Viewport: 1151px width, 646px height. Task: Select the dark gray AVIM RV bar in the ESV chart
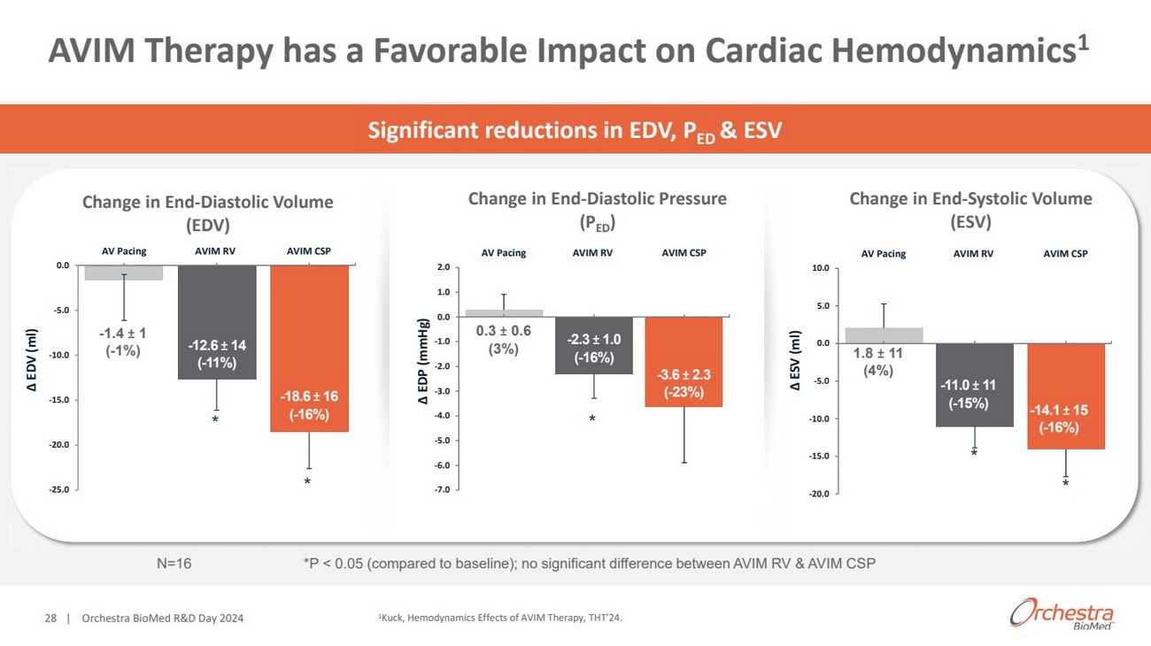point(974,385)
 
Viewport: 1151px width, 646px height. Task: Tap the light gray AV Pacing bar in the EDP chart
point(504,312)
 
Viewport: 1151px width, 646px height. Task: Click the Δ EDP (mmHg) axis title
point(423,362)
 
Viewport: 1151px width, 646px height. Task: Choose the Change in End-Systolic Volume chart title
point(970,210)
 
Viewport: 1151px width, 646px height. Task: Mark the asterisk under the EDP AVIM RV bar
point(592,419)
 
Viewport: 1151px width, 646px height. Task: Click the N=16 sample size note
point(173,564)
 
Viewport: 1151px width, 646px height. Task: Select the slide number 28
point(51,618)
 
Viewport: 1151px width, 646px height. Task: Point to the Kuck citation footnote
point(494,618)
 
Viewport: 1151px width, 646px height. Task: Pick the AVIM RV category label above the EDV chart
point(215,250)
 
